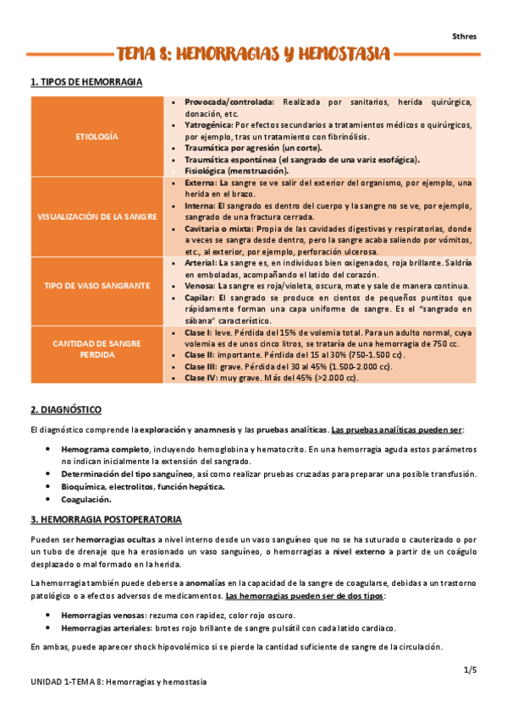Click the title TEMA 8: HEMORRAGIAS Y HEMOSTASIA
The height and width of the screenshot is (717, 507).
[253, 56]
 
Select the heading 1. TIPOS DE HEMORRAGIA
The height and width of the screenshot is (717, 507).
[85, 82]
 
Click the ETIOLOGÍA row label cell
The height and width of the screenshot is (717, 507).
[97, 136]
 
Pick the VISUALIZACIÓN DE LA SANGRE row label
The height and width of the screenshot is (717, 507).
[97, 216]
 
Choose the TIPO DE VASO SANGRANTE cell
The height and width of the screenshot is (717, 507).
[97, 286]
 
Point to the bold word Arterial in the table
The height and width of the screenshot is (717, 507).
[200, 263]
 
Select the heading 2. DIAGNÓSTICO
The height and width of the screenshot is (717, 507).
[66, 409]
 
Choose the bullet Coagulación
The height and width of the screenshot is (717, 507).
[89, 499]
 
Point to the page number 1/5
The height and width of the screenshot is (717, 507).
[471, 670]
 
